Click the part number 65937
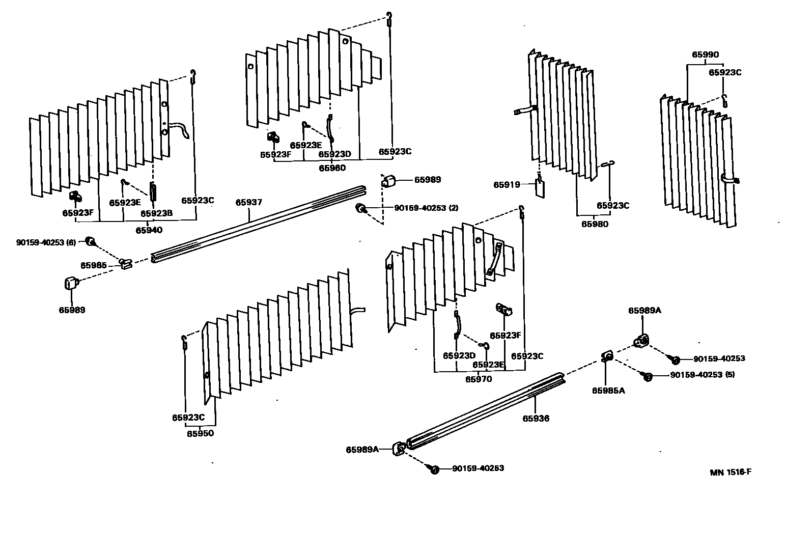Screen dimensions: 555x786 [x=248, y=203]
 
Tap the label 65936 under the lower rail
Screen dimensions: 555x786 [x=536, y=419]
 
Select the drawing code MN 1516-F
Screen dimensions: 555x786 [x=731, y=472]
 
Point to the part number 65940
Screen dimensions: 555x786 [x=149, y=230]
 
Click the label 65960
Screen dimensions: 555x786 [x=332, y=168]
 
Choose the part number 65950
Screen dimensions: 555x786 [x=200, y=434]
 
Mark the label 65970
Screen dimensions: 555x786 [x=479, y=379]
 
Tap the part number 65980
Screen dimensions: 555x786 [x=595, y=224]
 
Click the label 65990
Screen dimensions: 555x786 [x=705, y=55]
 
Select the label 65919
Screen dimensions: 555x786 [x=507, y=185]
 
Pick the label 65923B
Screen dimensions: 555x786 [x=156, y=214]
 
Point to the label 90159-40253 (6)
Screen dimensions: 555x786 [x=46, y=243]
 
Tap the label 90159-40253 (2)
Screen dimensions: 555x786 [x=426, y=208]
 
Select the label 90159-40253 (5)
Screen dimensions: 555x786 [x=702, y=375]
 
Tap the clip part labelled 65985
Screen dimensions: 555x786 [x=126, y=263]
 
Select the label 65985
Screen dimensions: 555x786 [x=93, y=265]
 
